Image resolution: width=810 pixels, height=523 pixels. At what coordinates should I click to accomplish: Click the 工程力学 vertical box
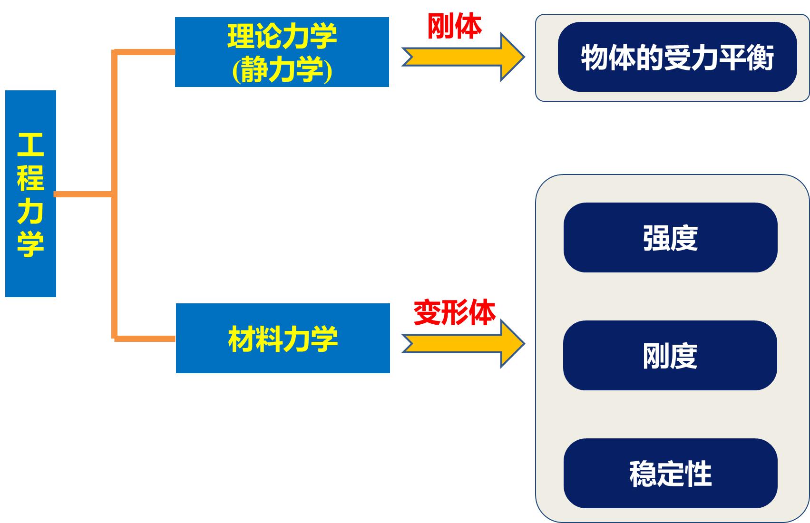[x=31, y=194]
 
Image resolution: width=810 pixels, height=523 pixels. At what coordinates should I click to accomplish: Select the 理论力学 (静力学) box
[x=282, y=52]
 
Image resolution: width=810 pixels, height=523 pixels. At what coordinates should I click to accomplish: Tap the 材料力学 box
[x=283, y=339]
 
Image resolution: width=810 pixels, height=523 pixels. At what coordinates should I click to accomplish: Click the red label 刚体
[x=454, y=26]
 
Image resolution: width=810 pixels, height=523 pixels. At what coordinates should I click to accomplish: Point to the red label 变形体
[x=454, y=312]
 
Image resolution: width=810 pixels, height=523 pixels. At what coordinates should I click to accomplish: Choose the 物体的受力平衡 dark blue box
[x=677, y=57]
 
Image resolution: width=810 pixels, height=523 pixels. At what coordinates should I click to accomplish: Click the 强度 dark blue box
[x=671, y=237]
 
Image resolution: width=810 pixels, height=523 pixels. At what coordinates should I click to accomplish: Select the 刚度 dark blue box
[x=670, y=355]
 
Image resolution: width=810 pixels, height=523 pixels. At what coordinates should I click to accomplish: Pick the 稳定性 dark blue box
[x=671, y=474]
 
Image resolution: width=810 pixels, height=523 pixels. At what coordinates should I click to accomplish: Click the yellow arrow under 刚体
[x=463, y=57]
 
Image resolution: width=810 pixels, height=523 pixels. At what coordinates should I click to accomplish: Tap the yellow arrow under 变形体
[x=463, y=343]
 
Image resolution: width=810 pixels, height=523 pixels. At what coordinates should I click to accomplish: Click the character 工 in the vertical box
[x=30, y=145]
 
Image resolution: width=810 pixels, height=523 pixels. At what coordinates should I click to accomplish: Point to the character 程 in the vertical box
[x=30, y=178]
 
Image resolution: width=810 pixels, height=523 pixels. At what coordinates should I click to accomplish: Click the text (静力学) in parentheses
[x=282, y=69]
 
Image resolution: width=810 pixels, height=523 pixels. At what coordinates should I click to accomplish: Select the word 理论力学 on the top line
[x=282, y=36]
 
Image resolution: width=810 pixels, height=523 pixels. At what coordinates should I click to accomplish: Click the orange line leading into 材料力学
[x=145, y=339]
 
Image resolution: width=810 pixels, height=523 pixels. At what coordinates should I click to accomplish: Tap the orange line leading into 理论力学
[x=145, y=52]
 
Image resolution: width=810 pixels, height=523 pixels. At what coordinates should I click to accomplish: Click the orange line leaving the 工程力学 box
[x=84, y=194]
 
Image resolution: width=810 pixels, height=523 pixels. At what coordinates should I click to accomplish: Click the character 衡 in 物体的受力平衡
[x=760, y=58]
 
